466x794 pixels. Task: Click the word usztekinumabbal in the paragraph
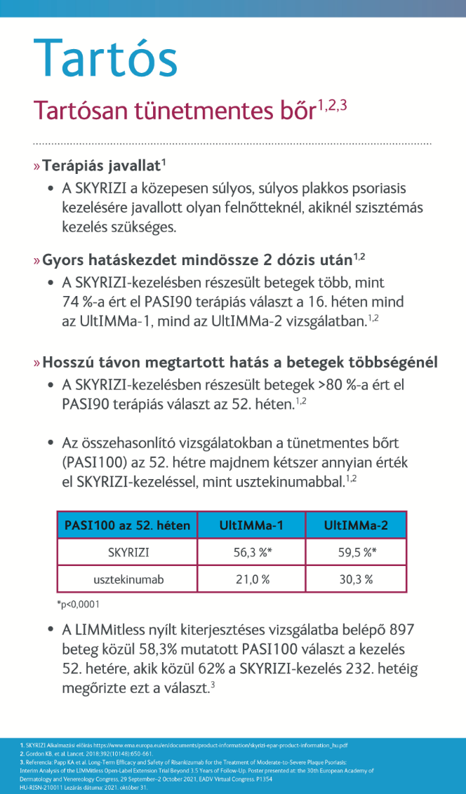click(289, 481)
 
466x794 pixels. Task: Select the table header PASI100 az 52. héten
click(127, 525)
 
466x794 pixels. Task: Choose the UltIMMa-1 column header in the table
click(251, 525)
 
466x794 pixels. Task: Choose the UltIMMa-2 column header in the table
click(355, 525)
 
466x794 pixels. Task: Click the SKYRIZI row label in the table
click(127, 552)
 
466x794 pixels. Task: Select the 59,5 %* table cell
click(357, 552)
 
